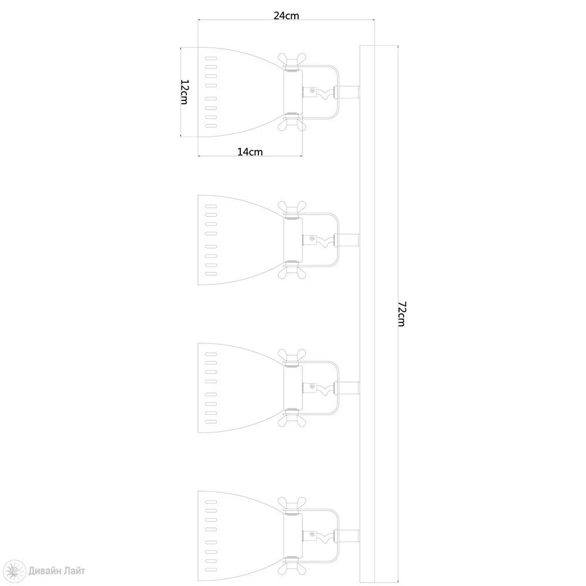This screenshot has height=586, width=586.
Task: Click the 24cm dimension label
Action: pos(287,16)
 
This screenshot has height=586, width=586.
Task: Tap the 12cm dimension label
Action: pos(185,92)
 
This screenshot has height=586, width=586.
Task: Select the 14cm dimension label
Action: pos(250,152)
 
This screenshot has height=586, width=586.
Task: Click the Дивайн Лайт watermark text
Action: pos(56,571)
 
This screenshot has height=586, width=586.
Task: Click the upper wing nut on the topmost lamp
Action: pos(292,60)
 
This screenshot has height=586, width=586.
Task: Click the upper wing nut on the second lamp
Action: pos(292,208)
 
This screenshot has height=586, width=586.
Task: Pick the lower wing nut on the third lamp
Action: pos(292,420)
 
